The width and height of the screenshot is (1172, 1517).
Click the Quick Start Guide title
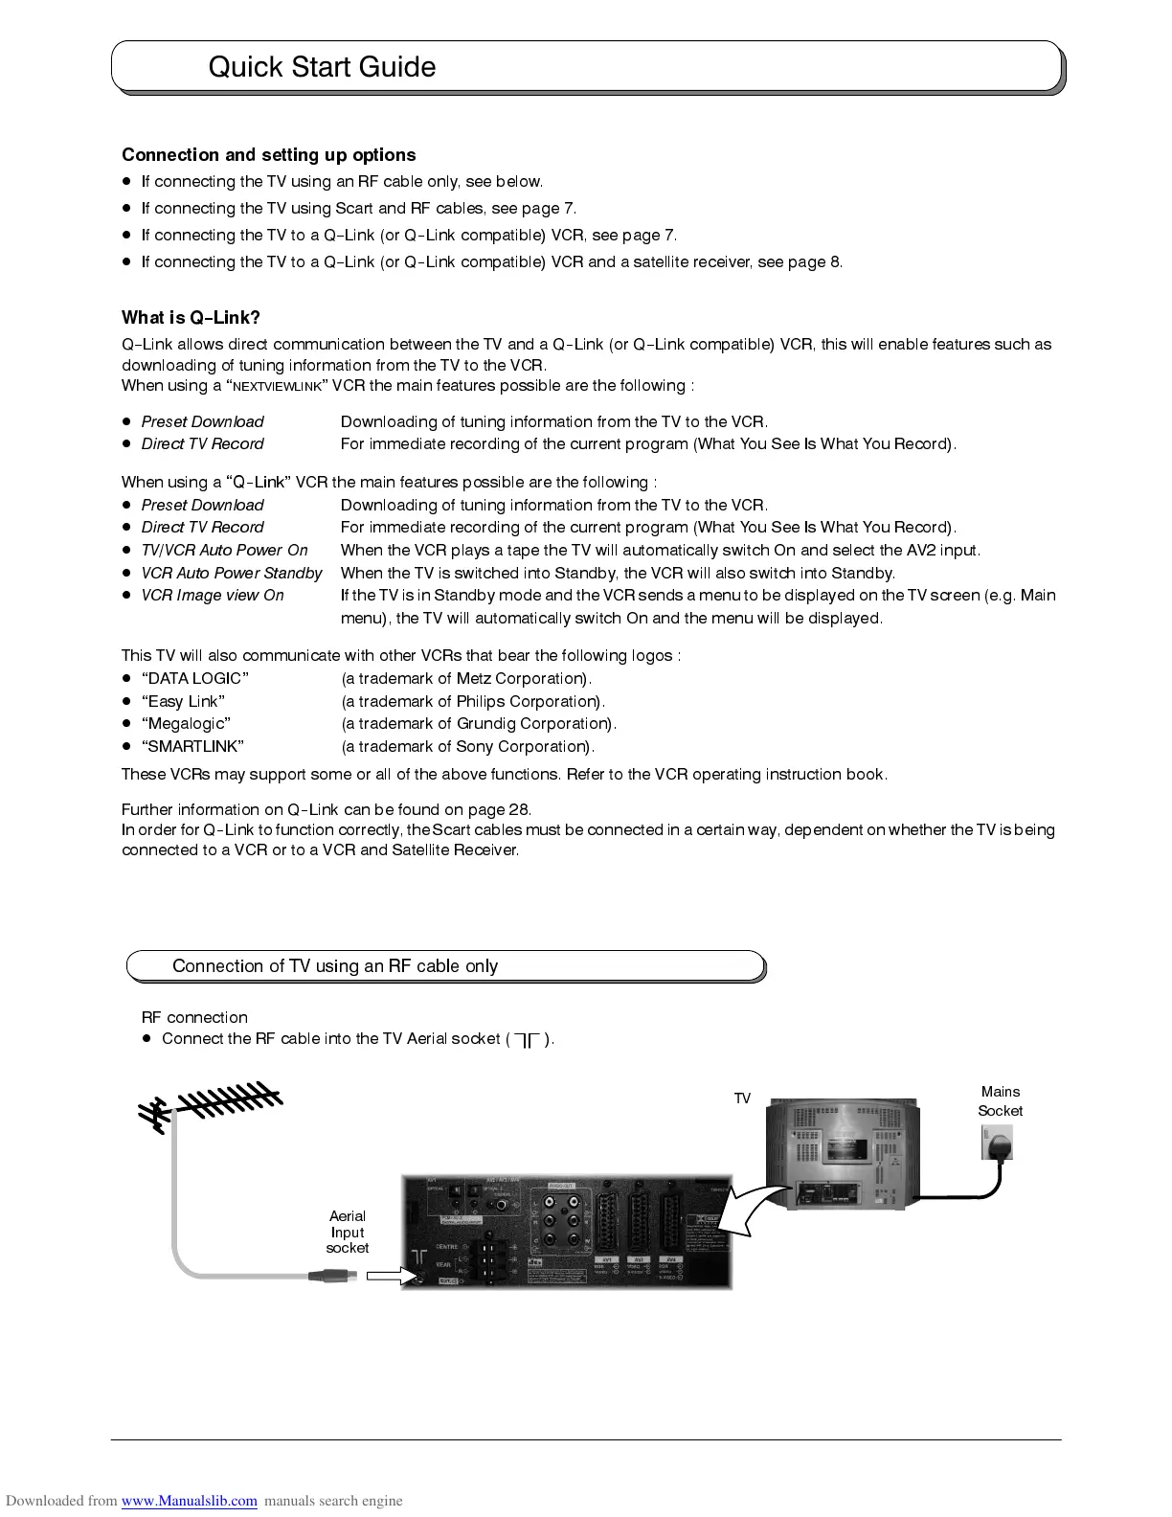click(322, 67)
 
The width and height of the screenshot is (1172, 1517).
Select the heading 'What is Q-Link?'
click(191, 318)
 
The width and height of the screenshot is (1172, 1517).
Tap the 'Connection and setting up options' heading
click(268, 155)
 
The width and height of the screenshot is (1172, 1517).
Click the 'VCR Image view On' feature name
click(213, 596)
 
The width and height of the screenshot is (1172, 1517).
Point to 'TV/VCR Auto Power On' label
click(224, 551)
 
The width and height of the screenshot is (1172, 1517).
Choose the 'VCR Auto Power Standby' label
click(232, 574)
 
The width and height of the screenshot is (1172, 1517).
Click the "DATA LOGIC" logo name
click(195, 679)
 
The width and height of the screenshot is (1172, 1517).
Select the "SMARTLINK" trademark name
click(192, 747)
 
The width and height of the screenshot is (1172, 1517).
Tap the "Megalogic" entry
click(186, 724)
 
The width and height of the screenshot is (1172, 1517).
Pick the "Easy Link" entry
click(183, 702)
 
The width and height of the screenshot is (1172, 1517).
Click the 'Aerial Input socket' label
click(347, 1233)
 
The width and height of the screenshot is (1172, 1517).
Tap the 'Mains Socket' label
click(1000, 1101)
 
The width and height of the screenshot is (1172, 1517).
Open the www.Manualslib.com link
click(189, 1501)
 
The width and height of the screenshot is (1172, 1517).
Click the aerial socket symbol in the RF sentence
click(527, 1040)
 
